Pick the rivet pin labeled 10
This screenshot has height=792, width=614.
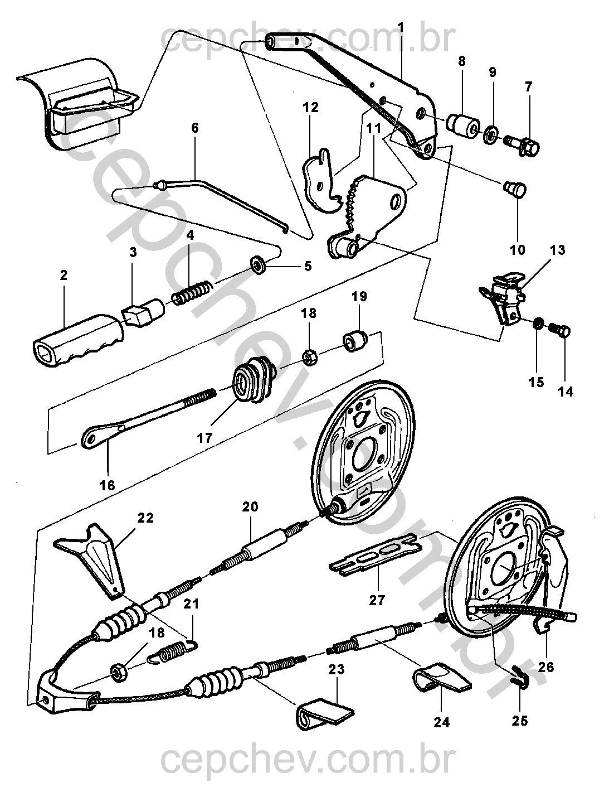[515, 190]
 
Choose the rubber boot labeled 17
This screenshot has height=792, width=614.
[252, 381]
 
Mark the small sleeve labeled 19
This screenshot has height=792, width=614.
[355, 340]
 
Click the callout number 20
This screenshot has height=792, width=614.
[250, 506]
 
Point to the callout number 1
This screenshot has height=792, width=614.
[401, 26]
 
